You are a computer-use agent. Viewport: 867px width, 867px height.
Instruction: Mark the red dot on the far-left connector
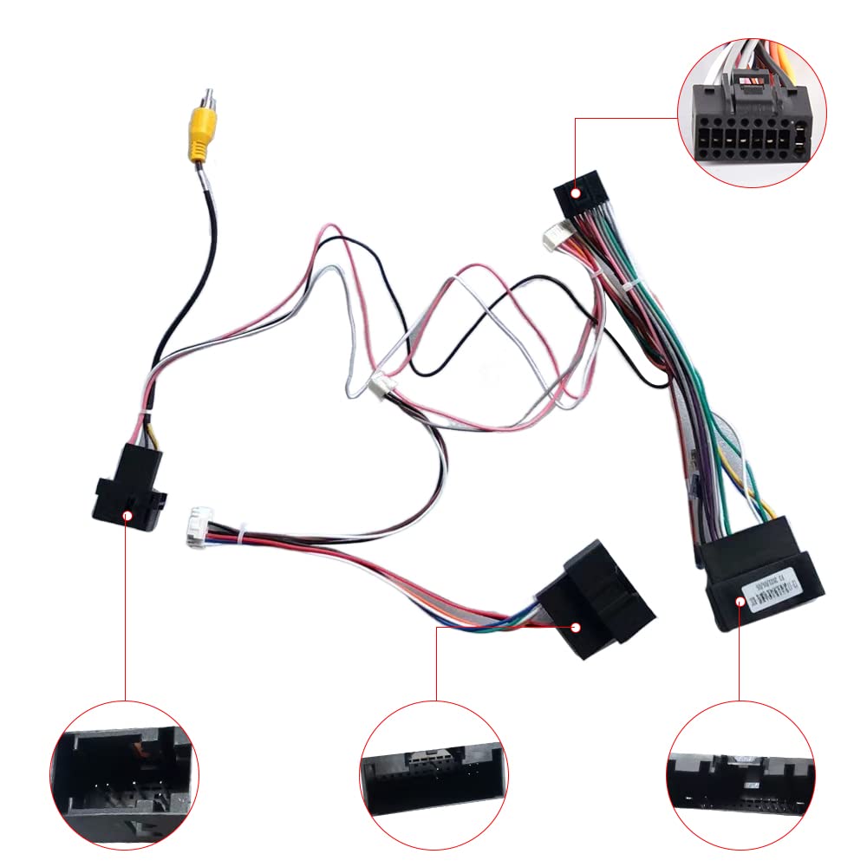click(x=127, y=516)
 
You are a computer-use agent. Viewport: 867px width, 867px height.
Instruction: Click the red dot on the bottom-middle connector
click(x=574, y=626)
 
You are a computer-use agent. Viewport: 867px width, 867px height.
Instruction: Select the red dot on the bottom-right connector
click(x=740, y=601)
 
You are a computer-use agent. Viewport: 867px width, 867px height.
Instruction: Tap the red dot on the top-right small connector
click(x=573, y=194)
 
